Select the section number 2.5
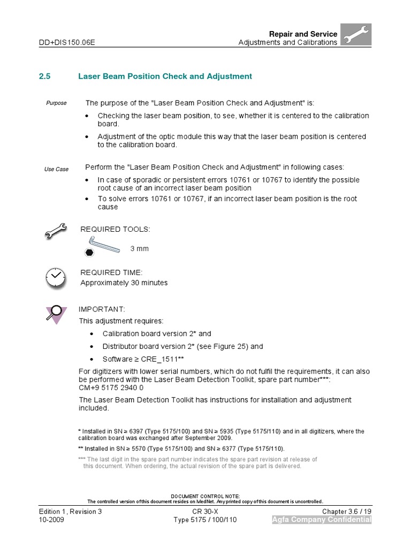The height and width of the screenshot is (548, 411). [x=44, y=77]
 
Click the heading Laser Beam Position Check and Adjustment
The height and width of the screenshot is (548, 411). [x=165, y=77]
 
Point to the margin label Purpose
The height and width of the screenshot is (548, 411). [x=56, y=103]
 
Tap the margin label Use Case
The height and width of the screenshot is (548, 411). [x=56, y=169]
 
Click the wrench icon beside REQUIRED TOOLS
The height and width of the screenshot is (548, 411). [x=56, y=231]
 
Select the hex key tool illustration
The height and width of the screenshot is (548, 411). [x=104, y=246]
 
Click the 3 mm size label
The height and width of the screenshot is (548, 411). [x=140, y=249]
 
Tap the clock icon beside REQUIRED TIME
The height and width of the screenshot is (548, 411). [x=56, y=277]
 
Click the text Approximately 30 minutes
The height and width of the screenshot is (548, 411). [x=124, y=283]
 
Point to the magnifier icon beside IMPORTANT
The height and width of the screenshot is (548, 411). [x=55, y=315]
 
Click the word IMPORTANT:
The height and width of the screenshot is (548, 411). [x=102, y=309]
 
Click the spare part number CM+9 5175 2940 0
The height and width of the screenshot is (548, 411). [x=111, y=389]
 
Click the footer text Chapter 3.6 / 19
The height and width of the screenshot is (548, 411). [x=346, y=512]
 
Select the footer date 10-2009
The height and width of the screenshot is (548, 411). [x=51, y=520]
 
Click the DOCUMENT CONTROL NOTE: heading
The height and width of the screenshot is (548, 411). [x=205, y=496]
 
